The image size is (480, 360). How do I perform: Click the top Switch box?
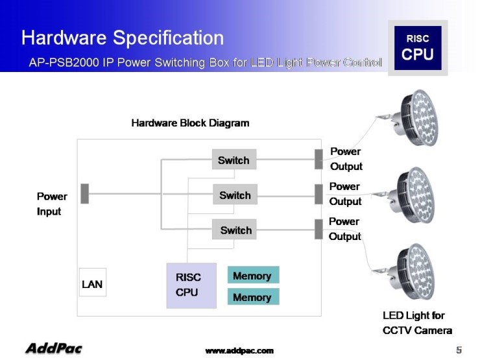(x=234, y=160)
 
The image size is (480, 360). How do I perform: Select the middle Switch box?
(x=235, y=195)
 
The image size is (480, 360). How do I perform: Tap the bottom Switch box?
(x=235, y=230)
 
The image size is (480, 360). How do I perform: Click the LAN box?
(x=92, y=283)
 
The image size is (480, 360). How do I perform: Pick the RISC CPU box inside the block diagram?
(x=191, y=285)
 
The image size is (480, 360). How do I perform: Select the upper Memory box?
(x=253, y=275)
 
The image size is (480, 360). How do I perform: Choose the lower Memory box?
(x=253, y=297)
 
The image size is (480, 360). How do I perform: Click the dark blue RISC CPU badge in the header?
(x=417, y=48)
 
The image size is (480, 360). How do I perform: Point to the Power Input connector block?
(x=84, y=194)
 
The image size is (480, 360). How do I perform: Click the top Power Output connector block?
(x=318, y=159)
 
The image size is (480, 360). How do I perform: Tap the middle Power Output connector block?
(x=318, y=194)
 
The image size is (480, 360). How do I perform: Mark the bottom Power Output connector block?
(x=318, y=229)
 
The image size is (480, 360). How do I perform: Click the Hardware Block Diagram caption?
(x=190, y=123)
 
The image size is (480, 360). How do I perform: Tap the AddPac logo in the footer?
(x=54, y=349)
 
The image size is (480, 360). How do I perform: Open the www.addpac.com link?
(x=239, y=350)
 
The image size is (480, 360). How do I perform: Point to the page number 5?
(x=459, y=350)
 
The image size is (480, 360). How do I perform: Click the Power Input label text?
(x=52, y=204)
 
